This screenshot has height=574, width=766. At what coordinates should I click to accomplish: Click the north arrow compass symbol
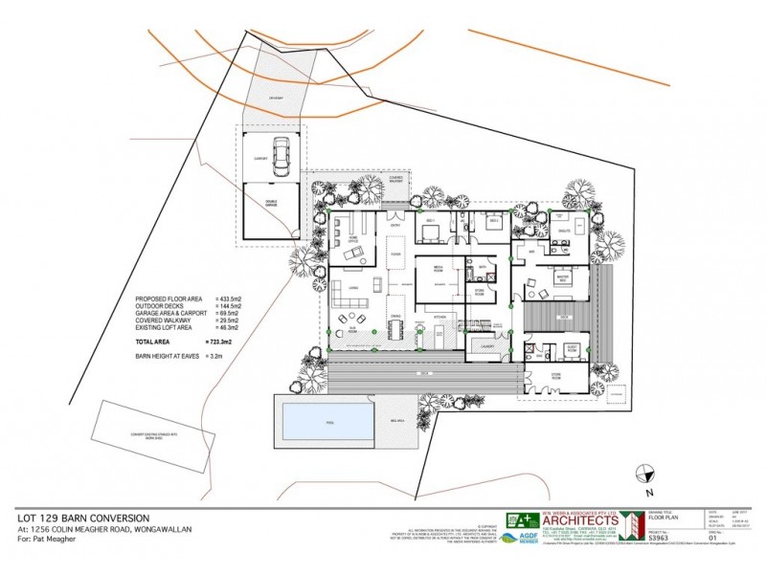643,472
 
